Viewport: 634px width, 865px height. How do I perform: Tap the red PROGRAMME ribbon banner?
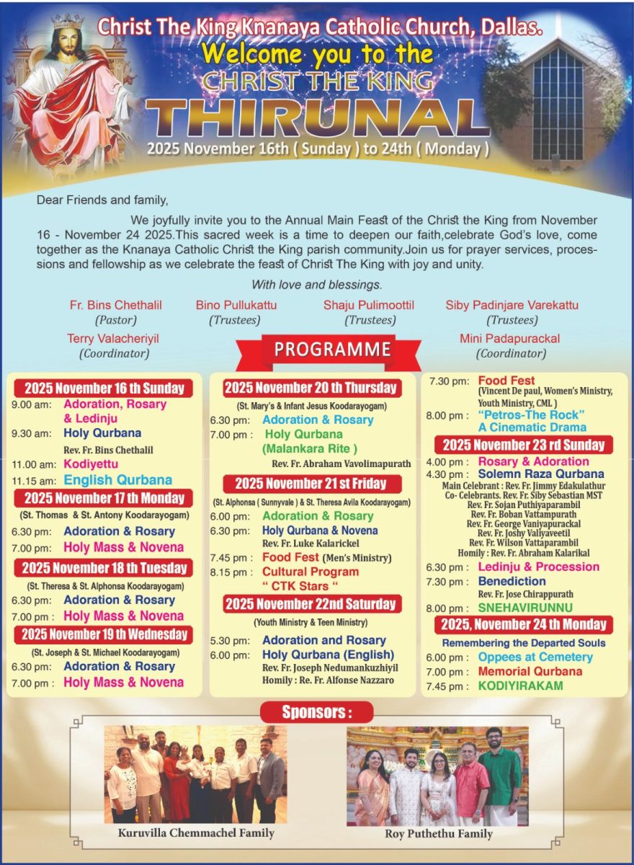tap(332, 350)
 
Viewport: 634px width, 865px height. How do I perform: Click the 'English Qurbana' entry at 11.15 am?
tap(117, 480)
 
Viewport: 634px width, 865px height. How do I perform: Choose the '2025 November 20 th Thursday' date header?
tap(311, 388)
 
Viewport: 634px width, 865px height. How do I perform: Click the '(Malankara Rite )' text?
tap(310, 449)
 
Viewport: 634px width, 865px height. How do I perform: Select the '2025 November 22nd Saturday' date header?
tap(311, 603)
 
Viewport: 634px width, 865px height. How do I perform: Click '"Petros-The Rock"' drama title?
tap(531, 414)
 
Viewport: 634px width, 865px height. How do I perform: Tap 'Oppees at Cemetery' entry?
tap(535, 657)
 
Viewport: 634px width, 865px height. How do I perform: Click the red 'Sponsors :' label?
tap(317, 712)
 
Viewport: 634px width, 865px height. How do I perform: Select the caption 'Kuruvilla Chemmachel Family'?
tap(196, 833)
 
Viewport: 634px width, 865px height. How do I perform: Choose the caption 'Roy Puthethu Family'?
tap(438, 833)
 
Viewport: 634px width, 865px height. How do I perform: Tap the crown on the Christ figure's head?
tap(68, 20)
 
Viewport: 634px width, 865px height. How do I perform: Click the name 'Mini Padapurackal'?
tap(509, 338)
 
